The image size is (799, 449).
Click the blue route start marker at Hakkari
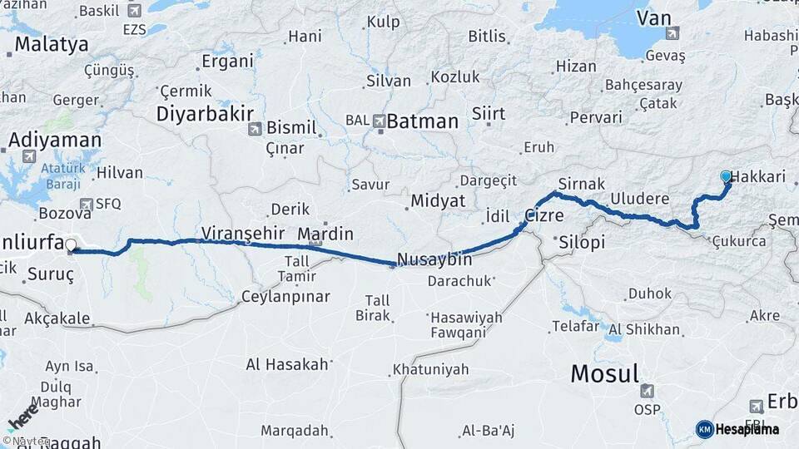click(726, 176)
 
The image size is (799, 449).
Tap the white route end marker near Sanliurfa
click(71, 245)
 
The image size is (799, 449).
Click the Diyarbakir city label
click(199, 113)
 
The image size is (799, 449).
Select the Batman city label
click(422, 121)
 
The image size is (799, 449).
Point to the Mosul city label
click(604, 373)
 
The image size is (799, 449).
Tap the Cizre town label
click(543, 215)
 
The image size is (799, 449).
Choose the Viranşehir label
click(243, 233)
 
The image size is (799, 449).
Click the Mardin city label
click(325, 234)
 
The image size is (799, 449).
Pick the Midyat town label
click(438, 201)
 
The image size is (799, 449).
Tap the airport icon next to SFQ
click(87, 204)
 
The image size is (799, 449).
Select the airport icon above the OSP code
click(647, 391)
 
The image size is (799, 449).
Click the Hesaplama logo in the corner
click(738, 429)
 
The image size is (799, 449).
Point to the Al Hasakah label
click(288, 364)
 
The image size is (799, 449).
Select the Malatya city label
click(50, 44)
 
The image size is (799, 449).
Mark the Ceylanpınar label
click(285, 297)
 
